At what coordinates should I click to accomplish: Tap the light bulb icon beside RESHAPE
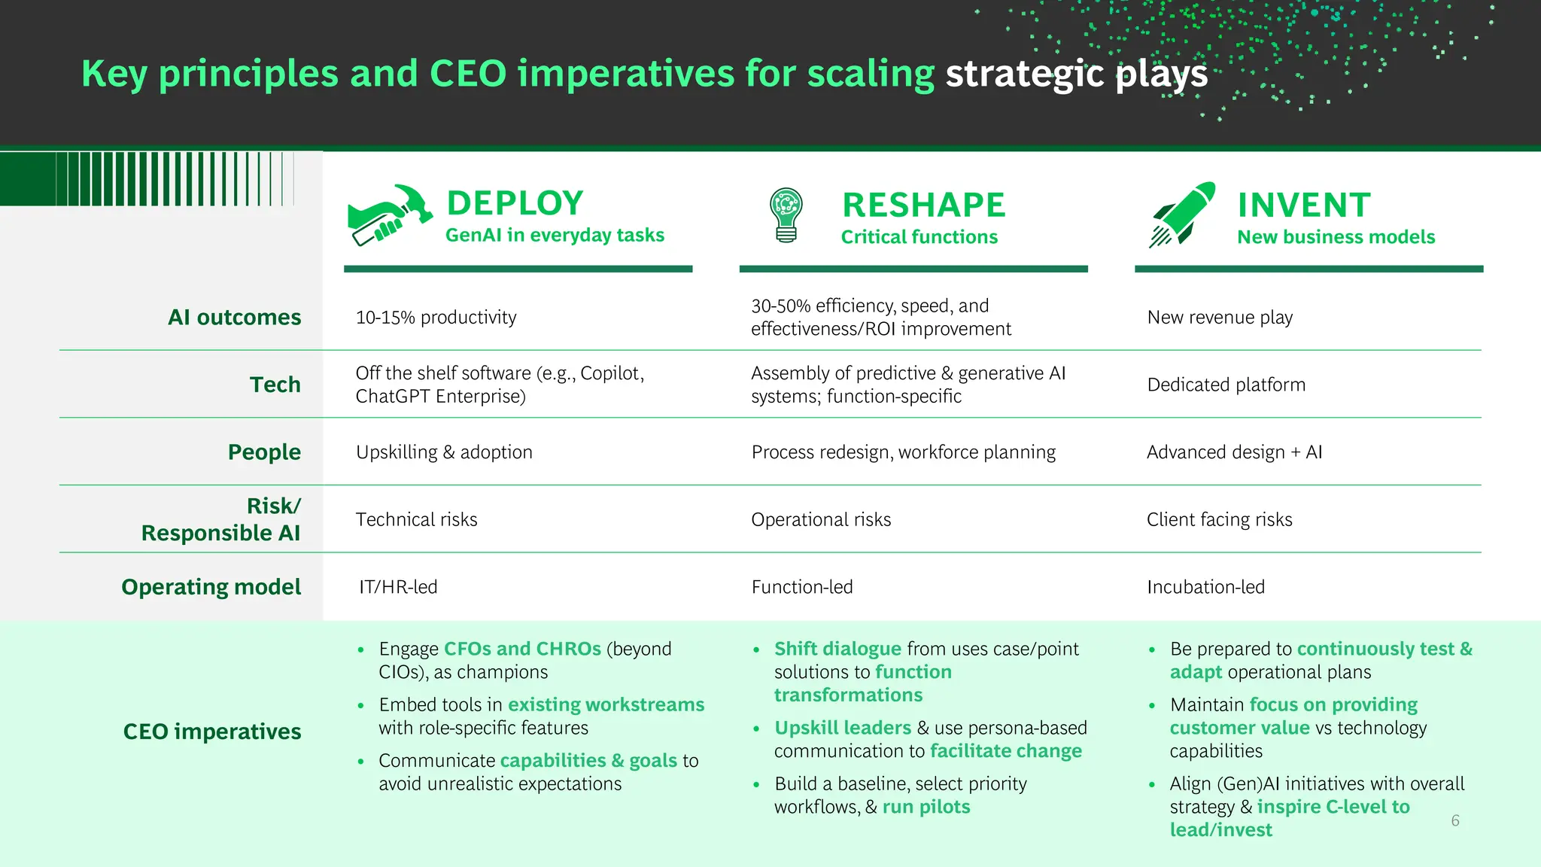coord(786,214)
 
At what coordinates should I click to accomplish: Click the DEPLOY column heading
coord(515,203)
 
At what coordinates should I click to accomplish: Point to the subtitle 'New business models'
coord(1336,237)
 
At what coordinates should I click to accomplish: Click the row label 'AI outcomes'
coord(234,317)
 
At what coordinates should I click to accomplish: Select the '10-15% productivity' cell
coord(436,318)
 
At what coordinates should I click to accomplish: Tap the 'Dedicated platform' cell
coord(1226,385)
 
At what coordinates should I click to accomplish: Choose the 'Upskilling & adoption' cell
coord(444,452)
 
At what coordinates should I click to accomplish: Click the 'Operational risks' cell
coord(820,520)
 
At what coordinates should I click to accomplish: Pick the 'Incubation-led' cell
coord(1205,587)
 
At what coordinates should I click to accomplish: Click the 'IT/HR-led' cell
coord(398,587)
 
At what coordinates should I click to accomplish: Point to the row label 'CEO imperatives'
coord(211,732)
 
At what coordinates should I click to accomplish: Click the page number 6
coord(1454,821)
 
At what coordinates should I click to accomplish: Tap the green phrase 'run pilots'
coord(926,808)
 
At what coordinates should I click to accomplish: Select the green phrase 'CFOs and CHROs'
coord(522,649)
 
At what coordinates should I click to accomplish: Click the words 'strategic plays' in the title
coord(1076,75)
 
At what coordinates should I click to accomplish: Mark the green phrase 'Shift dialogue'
coord(837,649)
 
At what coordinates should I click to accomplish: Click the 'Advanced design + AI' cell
coord(1234,452)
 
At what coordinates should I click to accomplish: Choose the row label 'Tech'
coord(275,385)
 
